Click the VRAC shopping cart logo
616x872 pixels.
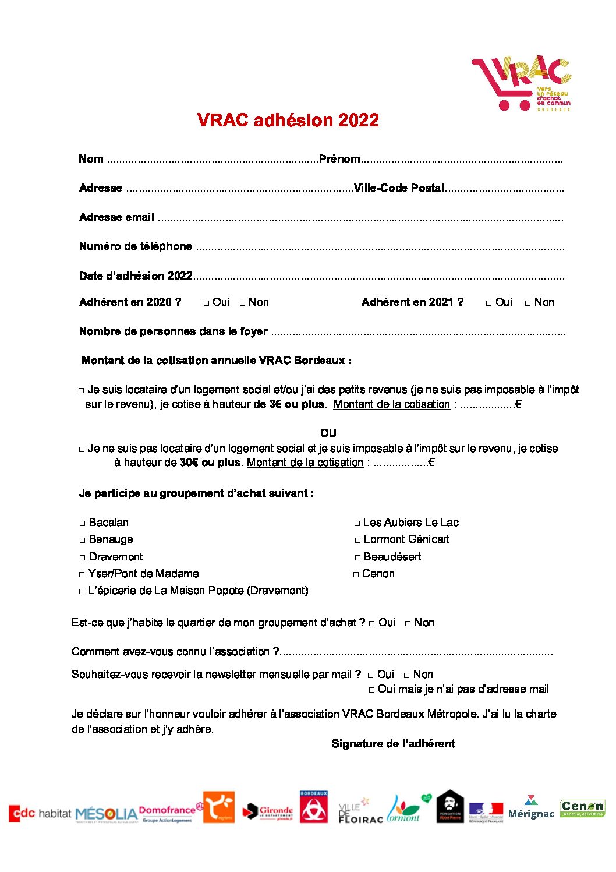[521, 83]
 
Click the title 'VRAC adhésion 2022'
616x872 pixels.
[288, 120]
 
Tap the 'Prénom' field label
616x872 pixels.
[339, 159]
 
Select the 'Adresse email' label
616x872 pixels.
[116, 217]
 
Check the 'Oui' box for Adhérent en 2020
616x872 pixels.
[207, 303]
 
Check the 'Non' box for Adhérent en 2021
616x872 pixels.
[528, 303]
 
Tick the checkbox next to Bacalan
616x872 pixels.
[83, 523]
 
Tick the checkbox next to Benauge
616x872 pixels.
[83, 540]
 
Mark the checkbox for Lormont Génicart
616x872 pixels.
[357, 540]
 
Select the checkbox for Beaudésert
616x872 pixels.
[357, 557]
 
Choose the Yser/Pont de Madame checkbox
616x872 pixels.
[82, 574]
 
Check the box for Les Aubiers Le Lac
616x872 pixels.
[357, 523]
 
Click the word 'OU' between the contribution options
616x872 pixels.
[328, 433]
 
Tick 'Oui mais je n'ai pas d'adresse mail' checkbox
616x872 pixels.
[371, 690]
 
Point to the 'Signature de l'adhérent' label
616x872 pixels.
[393, 744]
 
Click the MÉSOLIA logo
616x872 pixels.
[106, 813]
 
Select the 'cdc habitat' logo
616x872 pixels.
[40, 813]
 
